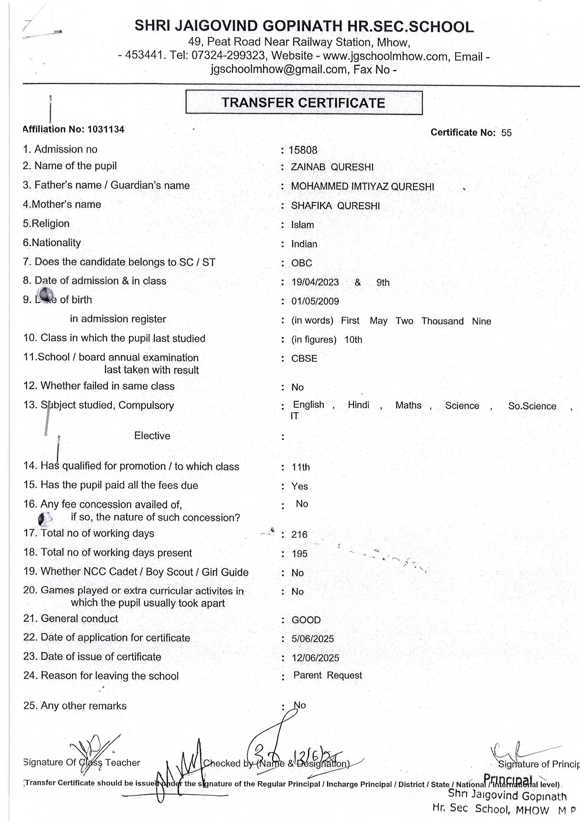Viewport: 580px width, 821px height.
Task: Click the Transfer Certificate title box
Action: tap(304, 103)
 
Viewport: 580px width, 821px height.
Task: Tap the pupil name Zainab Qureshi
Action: tap(332, 167)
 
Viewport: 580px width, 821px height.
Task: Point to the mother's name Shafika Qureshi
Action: tap(335, 206)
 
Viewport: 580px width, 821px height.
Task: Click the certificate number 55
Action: tap(506, 133)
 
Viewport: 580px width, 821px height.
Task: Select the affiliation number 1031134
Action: tap(106, 129)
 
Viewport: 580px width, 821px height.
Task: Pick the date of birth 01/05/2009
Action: tap(315, 301)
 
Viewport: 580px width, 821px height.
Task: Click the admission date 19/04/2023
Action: tap(315, 282)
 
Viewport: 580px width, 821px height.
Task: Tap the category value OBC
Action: tap(302, 263)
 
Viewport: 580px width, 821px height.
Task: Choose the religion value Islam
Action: tap(302, 225)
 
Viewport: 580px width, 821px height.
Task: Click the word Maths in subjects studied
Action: tap(408, 405)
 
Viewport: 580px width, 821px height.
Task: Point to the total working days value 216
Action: tap(299, 534)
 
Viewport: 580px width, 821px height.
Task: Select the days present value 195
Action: tap(299, 554)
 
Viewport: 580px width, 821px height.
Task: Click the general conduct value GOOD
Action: tap(306, 620)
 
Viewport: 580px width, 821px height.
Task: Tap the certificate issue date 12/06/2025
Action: tap(315, 657)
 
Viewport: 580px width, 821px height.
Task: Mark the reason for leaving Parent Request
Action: tap(327, 675)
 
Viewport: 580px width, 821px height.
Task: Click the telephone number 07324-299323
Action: tap(228, 55)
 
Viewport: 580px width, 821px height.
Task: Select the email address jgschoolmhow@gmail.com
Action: tap(278, 69)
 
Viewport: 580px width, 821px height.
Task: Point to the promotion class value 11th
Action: tap(301, 467)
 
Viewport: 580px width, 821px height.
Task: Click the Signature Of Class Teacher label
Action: tap(81, 762)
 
